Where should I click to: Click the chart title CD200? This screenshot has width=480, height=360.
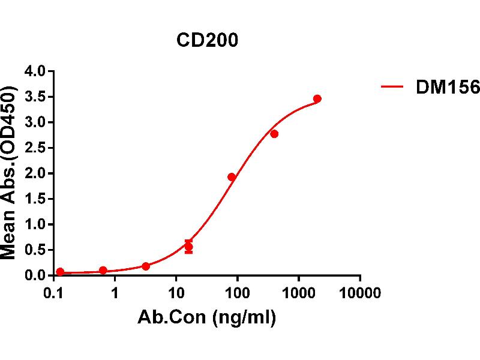point(207,40)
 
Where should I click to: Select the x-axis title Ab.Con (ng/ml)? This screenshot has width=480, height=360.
point(208,319)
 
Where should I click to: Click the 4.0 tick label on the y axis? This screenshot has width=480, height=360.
point(35,72)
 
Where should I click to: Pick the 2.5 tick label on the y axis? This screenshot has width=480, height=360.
point(35,148)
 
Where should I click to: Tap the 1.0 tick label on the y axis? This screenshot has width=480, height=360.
point(35,224)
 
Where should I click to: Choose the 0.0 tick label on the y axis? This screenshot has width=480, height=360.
point(35,275)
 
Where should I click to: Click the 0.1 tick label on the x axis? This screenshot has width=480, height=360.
point(55,293)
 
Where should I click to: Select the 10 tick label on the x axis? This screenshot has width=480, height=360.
point(176,293)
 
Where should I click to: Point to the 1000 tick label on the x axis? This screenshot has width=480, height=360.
point(298,293)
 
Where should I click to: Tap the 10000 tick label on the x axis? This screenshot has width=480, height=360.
point(359,293)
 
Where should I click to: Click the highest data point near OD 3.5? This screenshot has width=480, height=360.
point(317,98)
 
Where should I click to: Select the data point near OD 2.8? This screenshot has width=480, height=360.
point(274,134)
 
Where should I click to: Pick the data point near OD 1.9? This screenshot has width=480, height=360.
point(232,177)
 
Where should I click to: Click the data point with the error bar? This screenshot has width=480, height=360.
point(188,247)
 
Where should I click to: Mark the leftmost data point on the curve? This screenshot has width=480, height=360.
point(60,272)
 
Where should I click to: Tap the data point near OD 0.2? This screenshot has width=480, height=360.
point(146,266)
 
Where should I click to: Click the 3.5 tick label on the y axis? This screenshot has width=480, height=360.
point(35,97)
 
